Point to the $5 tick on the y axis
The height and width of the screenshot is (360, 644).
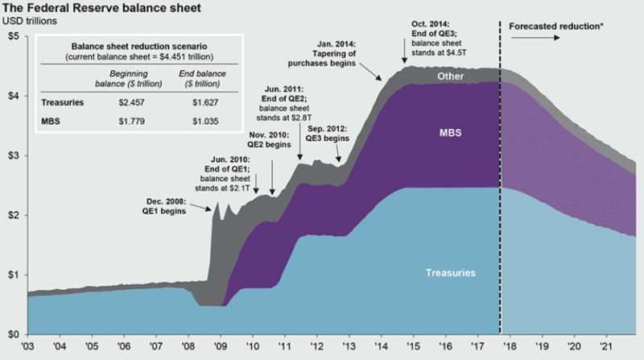point(14,37)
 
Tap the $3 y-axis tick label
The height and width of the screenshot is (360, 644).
point(14,156)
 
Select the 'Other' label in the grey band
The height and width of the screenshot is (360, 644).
point(452,76)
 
